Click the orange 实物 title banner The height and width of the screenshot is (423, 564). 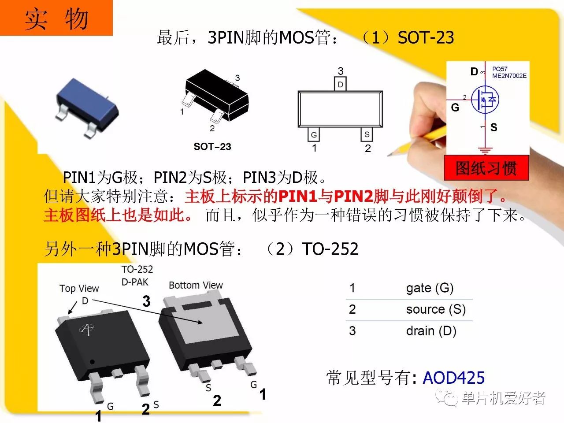point(56,18)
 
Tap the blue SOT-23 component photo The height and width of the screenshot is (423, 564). point(87,108)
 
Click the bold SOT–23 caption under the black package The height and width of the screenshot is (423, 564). point(212,147)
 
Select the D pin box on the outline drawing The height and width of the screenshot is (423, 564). point(340,84)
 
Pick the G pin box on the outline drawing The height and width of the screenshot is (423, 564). point(313,134)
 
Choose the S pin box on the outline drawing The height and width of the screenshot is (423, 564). point(367,134)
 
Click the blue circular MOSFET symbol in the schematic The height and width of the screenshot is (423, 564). point(485,100)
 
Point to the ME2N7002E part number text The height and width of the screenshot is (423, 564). point(509,76)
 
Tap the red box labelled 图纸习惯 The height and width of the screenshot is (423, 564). point(486,168)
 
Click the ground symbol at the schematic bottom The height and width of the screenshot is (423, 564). point(485,151)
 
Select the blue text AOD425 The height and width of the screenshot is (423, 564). point(454,378)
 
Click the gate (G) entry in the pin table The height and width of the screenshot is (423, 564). point(430,288)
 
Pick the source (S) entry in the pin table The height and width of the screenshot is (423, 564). point(436,309)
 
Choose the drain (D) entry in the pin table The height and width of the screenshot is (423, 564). point(431,331)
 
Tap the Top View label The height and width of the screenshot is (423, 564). point(79,289)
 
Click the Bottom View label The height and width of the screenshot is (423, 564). point(196,285)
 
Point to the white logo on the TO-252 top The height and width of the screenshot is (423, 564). point(87,329)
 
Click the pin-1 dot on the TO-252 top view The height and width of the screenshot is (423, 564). point(92,362)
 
